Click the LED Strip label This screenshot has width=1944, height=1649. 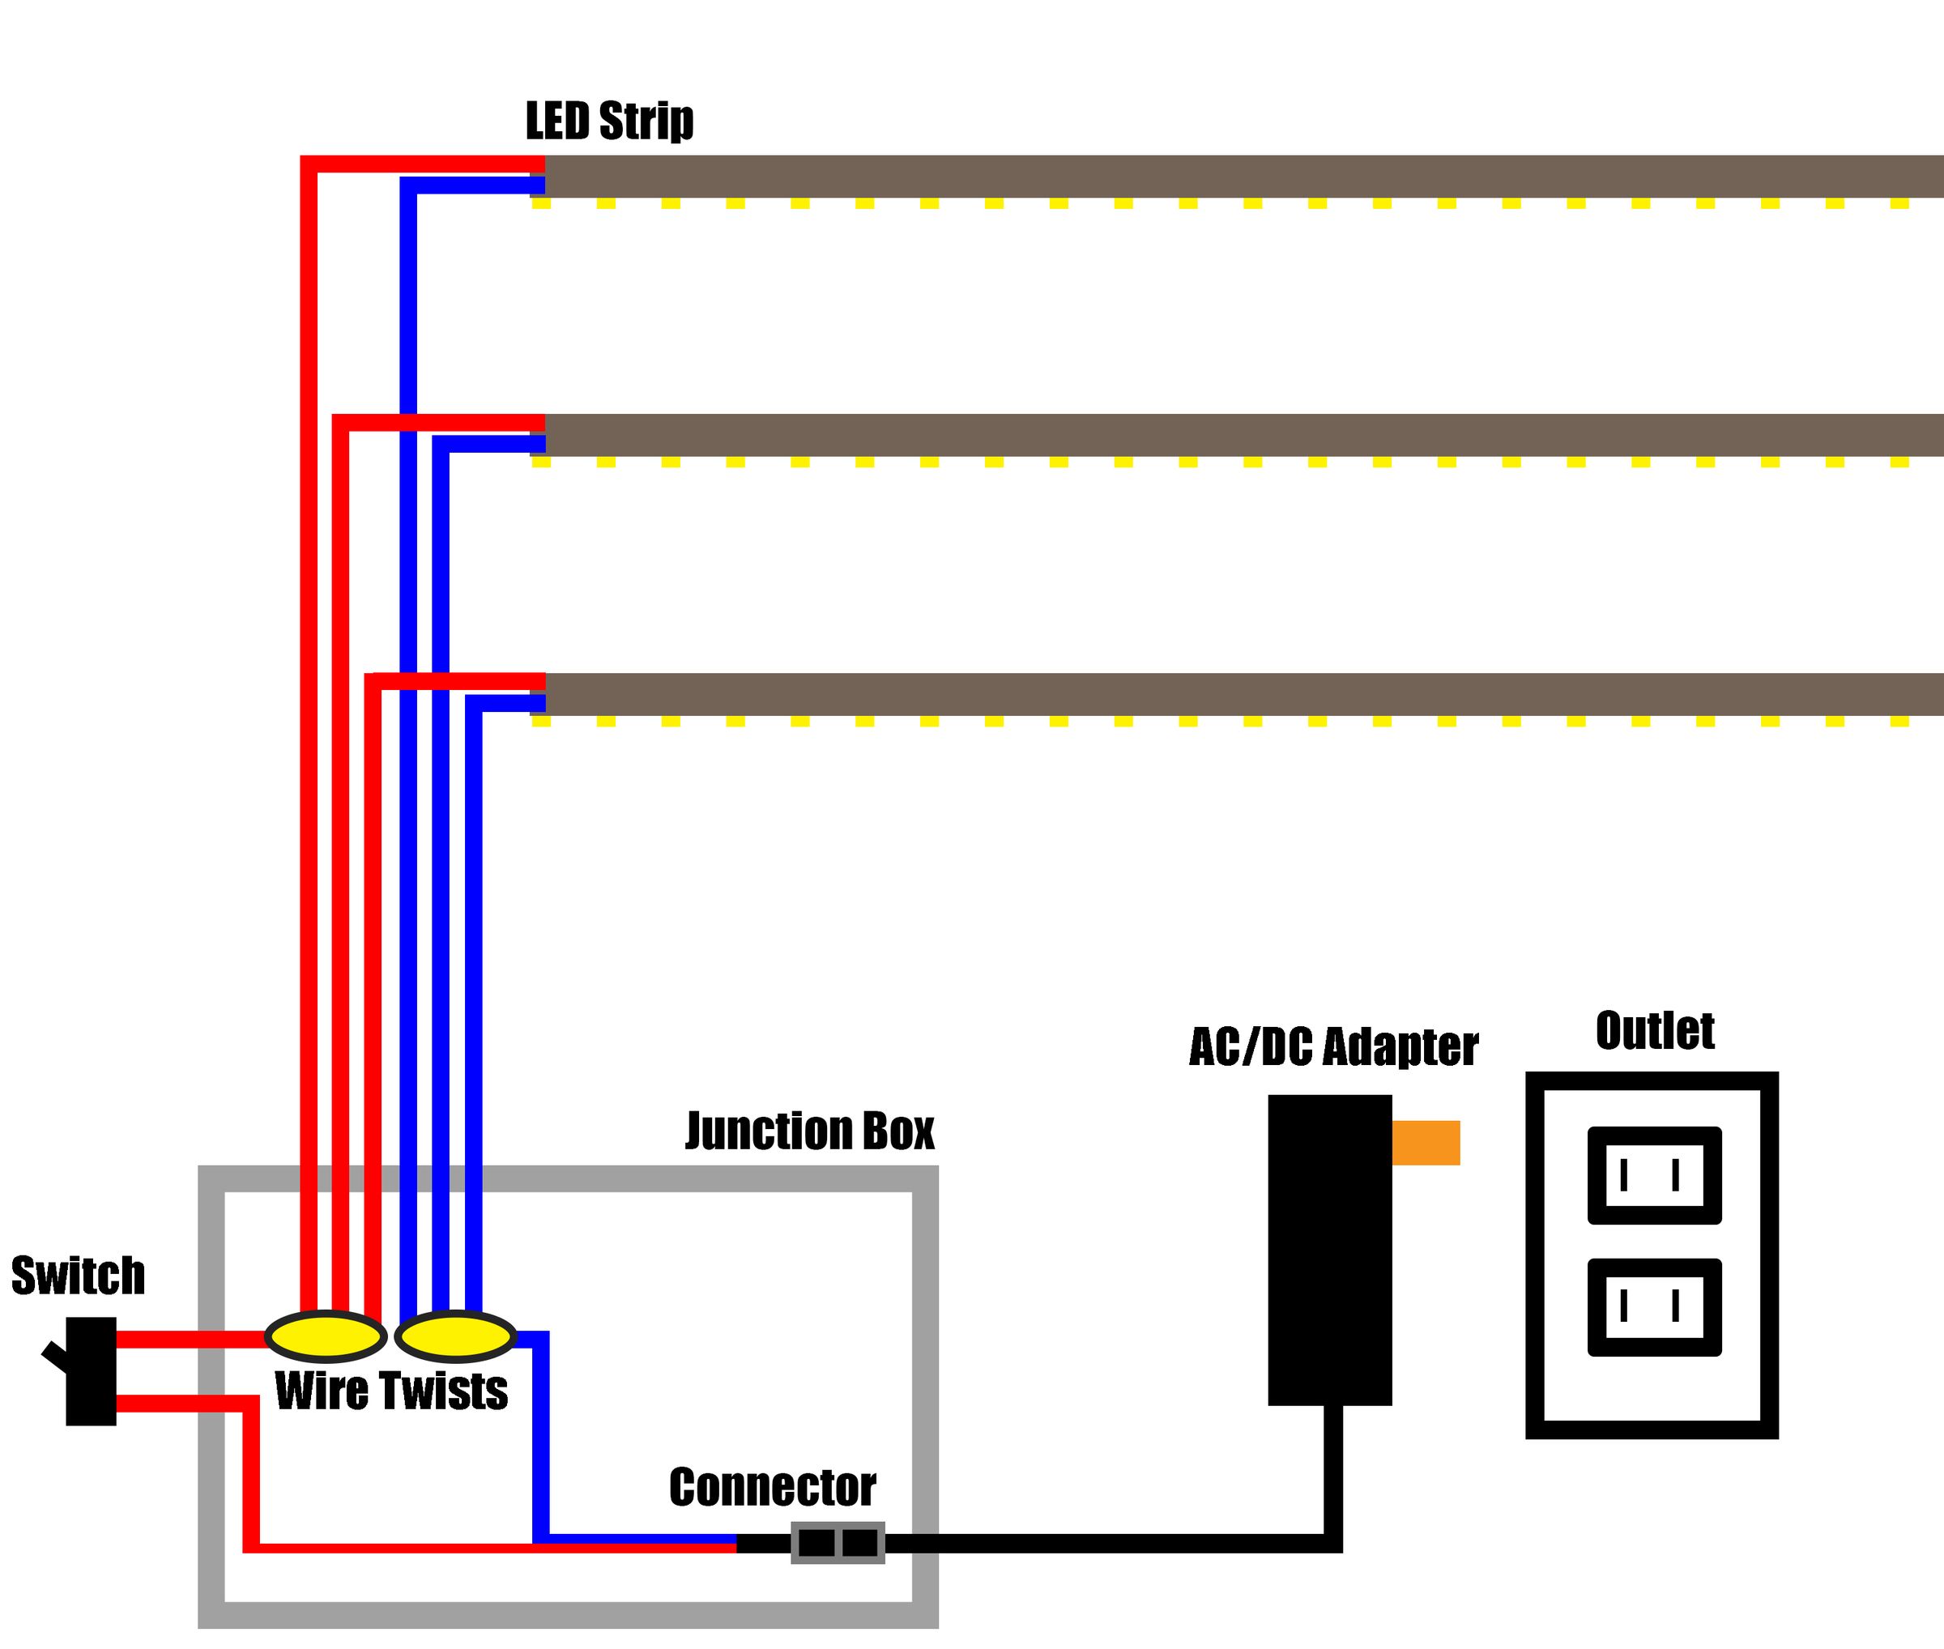(609, 121)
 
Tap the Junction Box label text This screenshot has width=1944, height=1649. (809, 1131)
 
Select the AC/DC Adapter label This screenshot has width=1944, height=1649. (1332, 1047)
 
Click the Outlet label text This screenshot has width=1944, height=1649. (1654, 1031)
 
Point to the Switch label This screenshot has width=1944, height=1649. (78, 1276)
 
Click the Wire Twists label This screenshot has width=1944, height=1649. (391, 1391)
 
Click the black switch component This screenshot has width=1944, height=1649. (91, 1371)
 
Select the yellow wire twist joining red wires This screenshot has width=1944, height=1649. (326, 1336)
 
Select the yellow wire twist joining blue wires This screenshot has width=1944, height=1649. (455, 1336)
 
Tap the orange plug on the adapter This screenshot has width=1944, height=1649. (1425, 1142)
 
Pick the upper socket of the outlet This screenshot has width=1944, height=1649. (1653, 1175)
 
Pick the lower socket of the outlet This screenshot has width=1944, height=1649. (1653, 1307)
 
